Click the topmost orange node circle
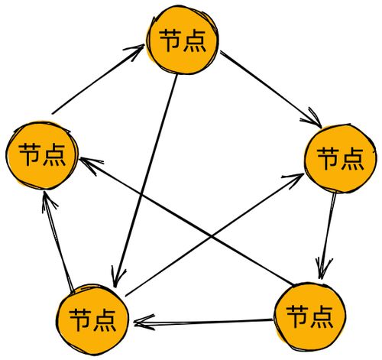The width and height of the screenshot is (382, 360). (183, 41)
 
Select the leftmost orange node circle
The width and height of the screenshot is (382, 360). (42, 155)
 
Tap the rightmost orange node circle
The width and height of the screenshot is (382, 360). (341, 158)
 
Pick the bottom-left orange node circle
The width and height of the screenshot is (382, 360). (92, 319)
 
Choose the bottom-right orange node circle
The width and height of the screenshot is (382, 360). (310, 316)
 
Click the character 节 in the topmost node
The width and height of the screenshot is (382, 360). (170, 41)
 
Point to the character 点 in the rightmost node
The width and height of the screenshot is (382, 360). (352, 159)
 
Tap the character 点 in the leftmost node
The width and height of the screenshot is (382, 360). (54, 155)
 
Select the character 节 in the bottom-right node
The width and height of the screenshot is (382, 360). (298, 316)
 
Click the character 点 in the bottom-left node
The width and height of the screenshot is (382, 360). (105, 320)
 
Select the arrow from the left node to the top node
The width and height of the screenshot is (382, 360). (98, 79)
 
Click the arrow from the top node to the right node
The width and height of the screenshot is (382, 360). (271, 89)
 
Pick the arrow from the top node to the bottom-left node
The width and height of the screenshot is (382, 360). (146, 181)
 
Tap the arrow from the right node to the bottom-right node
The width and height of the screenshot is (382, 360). (328, 235)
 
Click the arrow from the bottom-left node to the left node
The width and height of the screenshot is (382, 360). (59, 242)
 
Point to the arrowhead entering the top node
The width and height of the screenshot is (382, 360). (135, 49)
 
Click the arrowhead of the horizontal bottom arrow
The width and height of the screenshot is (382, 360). (143, 323)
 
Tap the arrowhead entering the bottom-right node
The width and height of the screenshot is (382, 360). (322, 270)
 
